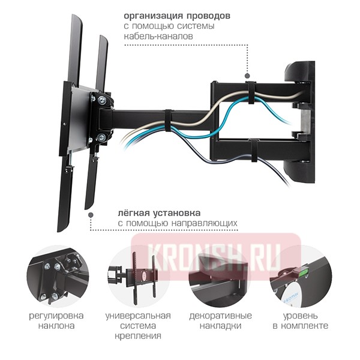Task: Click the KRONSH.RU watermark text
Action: [216, 251]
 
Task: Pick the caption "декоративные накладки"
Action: [221, 321]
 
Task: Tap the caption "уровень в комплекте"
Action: [299, 321]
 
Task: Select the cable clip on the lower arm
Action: [254, 151]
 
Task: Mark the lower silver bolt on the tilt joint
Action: [101, 138]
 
